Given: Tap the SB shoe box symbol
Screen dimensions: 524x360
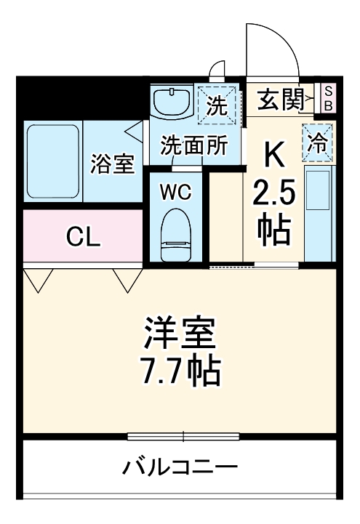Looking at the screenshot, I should (x=327, y=98).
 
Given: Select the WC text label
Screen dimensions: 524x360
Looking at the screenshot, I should (x=175, y=193).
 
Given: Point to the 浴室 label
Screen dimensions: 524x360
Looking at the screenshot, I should (x=112, y=164).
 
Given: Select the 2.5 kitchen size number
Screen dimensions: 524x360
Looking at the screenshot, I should (x=273, y=194).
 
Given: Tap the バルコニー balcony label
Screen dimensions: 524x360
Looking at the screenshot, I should (x=179, y=466).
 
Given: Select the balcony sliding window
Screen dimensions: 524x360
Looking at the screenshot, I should (x=183, y=436).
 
